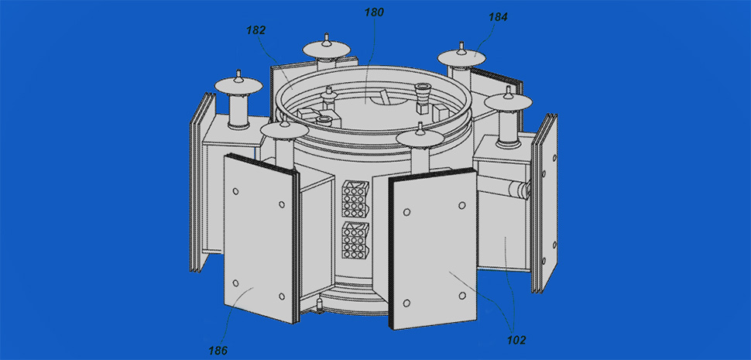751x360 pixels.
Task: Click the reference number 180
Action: [x=374, y=12]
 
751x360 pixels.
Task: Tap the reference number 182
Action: [x=255, y=30]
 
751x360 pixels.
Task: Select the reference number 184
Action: [x=498, y=17]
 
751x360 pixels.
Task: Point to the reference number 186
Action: [x=218, y=350]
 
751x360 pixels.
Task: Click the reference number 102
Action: [x=516, y=341]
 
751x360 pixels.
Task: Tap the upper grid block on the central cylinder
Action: [x=355, y=197]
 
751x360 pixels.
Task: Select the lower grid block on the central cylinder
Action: [x=355, y=238]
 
